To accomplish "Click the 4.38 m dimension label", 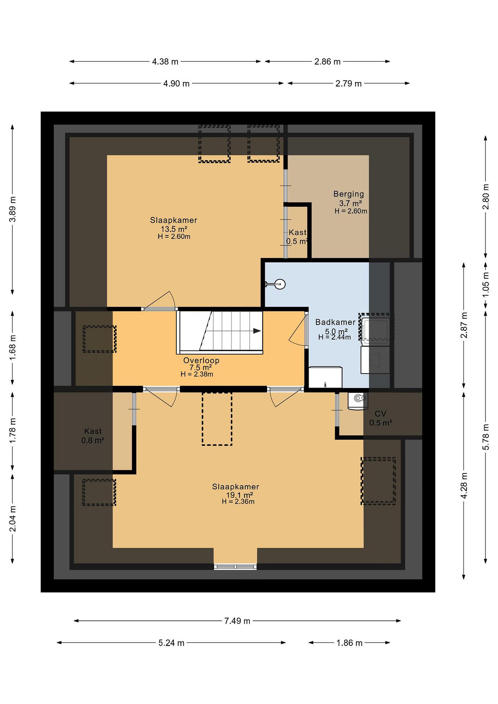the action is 165,62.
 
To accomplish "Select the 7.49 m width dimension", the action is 237,621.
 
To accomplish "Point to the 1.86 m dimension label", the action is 349,643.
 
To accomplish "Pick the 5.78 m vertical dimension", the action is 486,437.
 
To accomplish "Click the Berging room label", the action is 349,194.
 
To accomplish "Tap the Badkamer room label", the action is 335,322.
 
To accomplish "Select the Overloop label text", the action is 201,360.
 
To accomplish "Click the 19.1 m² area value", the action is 240,495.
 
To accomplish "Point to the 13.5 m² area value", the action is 174,229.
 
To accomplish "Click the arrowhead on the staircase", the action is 257,331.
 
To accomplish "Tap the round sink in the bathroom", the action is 280,284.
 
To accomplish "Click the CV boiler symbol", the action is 358,401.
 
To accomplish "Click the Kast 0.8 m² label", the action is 93,436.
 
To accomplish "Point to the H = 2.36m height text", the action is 238,502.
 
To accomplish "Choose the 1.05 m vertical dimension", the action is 486,285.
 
